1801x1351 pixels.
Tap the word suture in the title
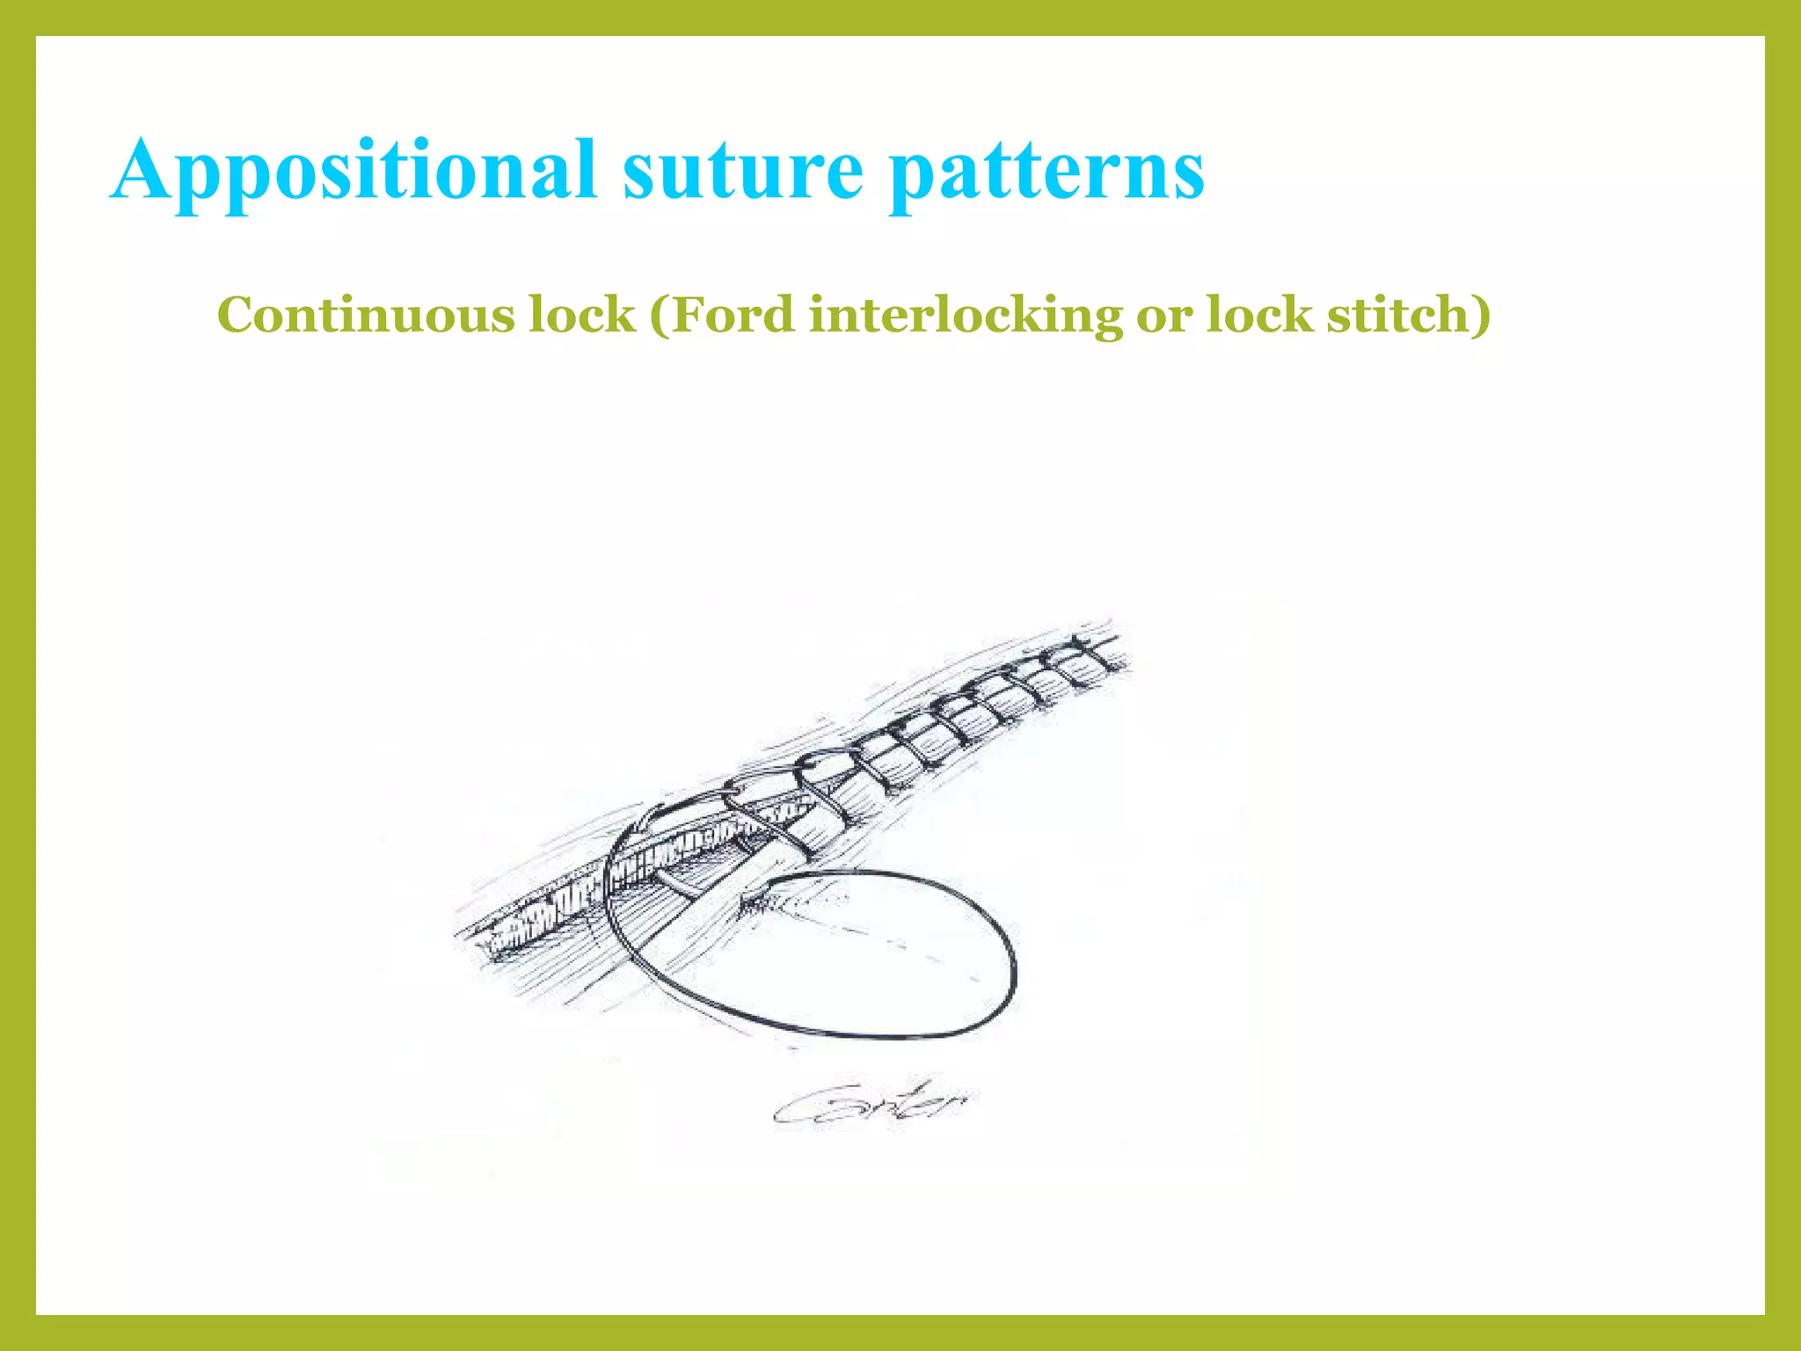[x=743, y=171]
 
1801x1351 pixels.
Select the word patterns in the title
[x=1046, y=171]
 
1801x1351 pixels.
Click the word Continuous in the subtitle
[x=365, y=315]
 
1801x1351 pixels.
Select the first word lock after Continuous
[x=581, y=315]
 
